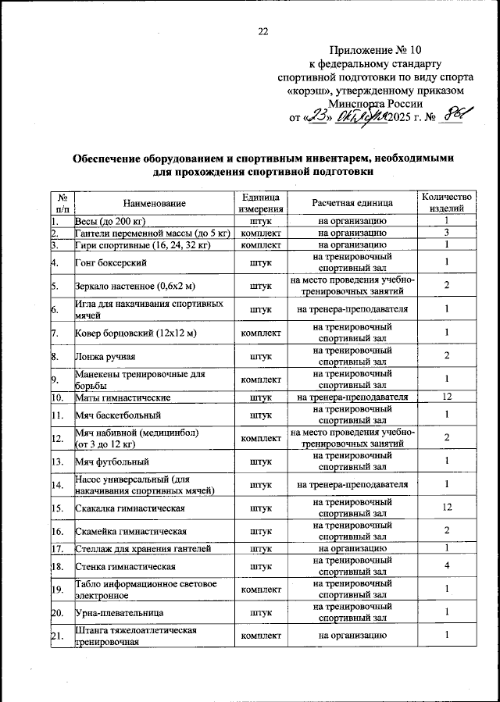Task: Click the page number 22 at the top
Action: tap(262, 31)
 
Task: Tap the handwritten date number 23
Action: tap(316, 117)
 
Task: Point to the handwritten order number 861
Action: tap(456, 116)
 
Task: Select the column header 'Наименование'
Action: tap(154, 203)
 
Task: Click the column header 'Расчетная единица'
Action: tap(352, 203)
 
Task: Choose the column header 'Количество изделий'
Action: tap(446, 203)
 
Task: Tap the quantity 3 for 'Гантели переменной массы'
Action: tap(446, 233)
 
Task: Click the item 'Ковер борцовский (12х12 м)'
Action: tap(134, 333)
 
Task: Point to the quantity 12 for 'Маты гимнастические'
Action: tap(446, 397)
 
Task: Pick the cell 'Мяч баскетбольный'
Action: tap(118, 415)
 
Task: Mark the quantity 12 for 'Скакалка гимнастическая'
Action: tap(446, 508)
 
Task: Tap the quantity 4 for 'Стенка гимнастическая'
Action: tap(446, 565)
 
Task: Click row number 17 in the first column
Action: tap(57, 549)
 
